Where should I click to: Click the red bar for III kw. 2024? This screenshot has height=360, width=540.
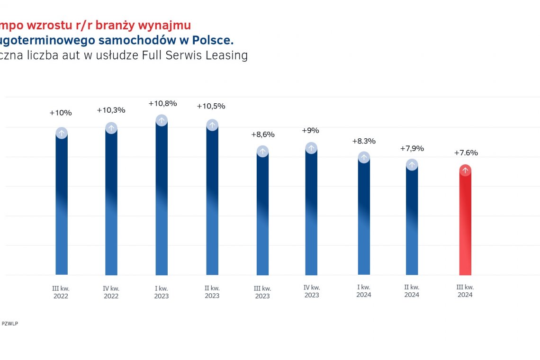tap(465, 223)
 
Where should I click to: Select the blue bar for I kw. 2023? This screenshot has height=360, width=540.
tap(162, 199)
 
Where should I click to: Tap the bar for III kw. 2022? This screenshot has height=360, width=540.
tap(62, 204)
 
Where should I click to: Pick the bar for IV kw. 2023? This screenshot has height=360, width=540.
tap(311, 213)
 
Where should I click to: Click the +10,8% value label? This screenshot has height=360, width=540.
tap(162, 103)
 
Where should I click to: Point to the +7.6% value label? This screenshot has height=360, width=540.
tap(466, 153)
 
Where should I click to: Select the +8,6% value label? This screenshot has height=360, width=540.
tap(262, 135)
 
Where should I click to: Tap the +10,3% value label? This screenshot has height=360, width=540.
tap(111, 110)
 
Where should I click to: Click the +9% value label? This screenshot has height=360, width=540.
tap(310, 131)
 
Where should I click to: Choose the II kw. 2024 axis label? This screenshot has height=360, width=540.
tap(412, 291)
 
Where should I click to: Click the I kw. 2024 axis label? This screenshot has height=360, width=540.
tap(364, 291)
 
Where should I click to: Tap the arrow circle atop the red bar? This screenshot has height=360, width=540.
tap(466, 171)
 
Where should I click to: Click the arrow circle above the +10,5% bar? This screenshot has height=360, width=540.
tap(212, 125)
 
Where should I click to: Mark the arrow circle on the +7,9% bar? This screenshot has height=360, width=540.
tap(412, 165)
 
